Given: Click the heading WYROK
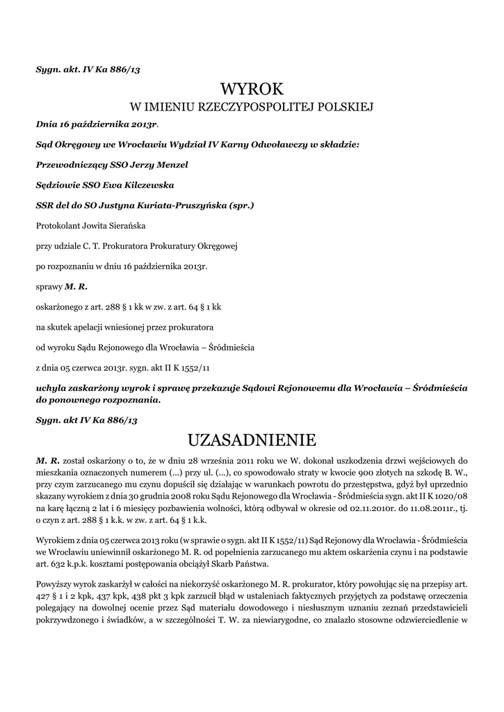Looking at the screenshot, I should tap(252, 89).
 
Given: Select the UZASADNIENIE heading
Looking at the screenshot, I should tap(252, 440).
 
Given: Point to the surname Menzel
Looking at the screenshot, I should tap(170, 165).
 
